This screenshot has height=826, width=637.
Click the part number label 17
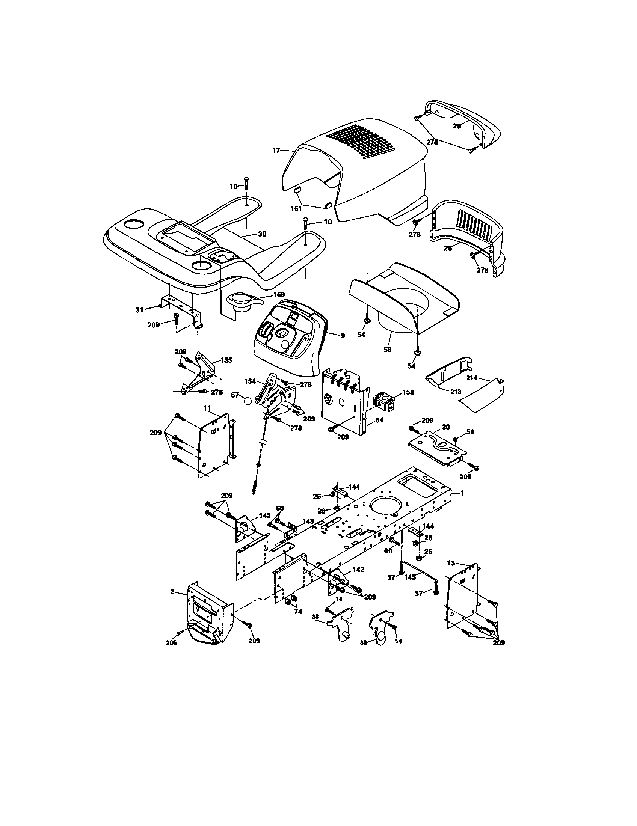(276, 151)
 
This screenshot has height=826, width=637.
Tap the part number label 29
(457, 126)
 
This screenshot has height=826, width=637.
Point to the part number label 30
(262, 234)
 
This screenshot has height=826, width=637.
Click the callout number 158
(408, 392)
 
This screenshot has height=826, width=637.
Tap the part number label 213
(456, 392)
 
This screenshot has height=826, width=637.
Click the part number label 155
(226, 360)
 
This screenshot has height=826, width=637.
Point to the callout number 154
(250, 381)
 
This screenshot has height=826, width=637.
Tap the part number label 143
(308, 521)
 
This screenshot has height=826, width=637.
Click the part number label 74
(298, 612)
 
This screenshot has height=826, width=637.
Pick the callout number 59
(470, 431)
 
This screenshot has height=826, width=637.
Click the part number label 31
(139, 310)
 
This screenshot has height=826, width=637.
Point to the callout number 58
(387, 350)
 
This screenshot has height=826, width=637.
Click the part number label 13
(451, 563)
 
